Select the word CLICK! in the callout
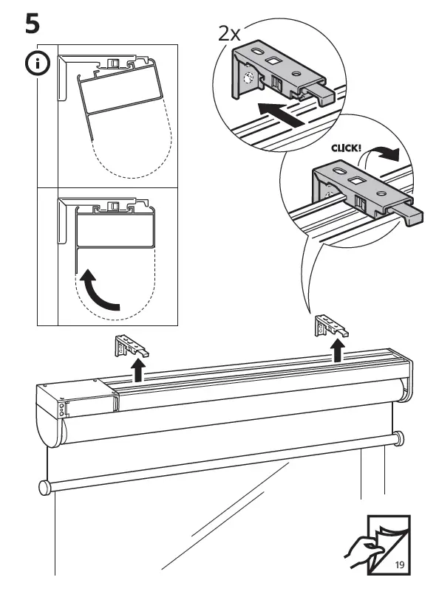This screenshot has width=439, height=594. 346,148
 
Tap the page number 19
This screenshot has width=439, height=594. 399,565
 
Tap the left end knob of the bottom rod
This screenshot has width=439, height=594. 43,487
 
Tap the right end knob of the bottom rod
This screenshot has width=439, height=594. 399,438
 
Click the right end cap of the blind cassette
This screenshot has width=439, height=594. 405,376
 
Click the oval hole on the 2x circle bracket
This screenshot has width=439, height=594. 258,50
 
